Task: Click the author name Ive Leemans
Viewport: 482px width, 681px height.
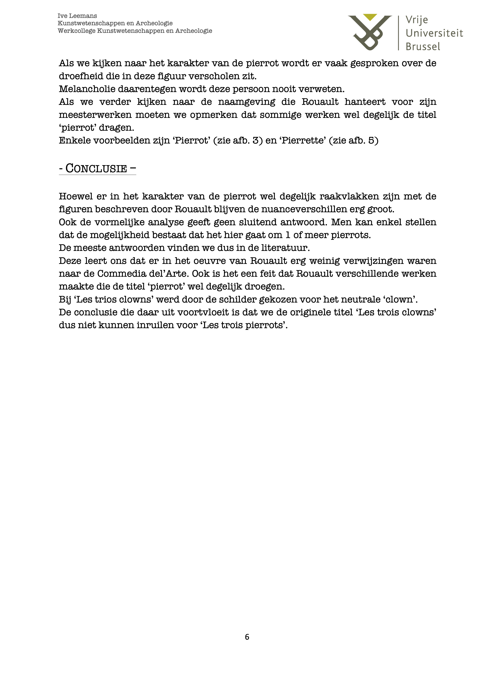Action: [77, 16]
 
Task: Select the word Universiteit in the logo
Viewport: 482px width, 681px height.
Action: [434, 33]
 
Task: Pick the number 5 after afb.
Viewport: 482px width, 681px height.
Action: [371, 140]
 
